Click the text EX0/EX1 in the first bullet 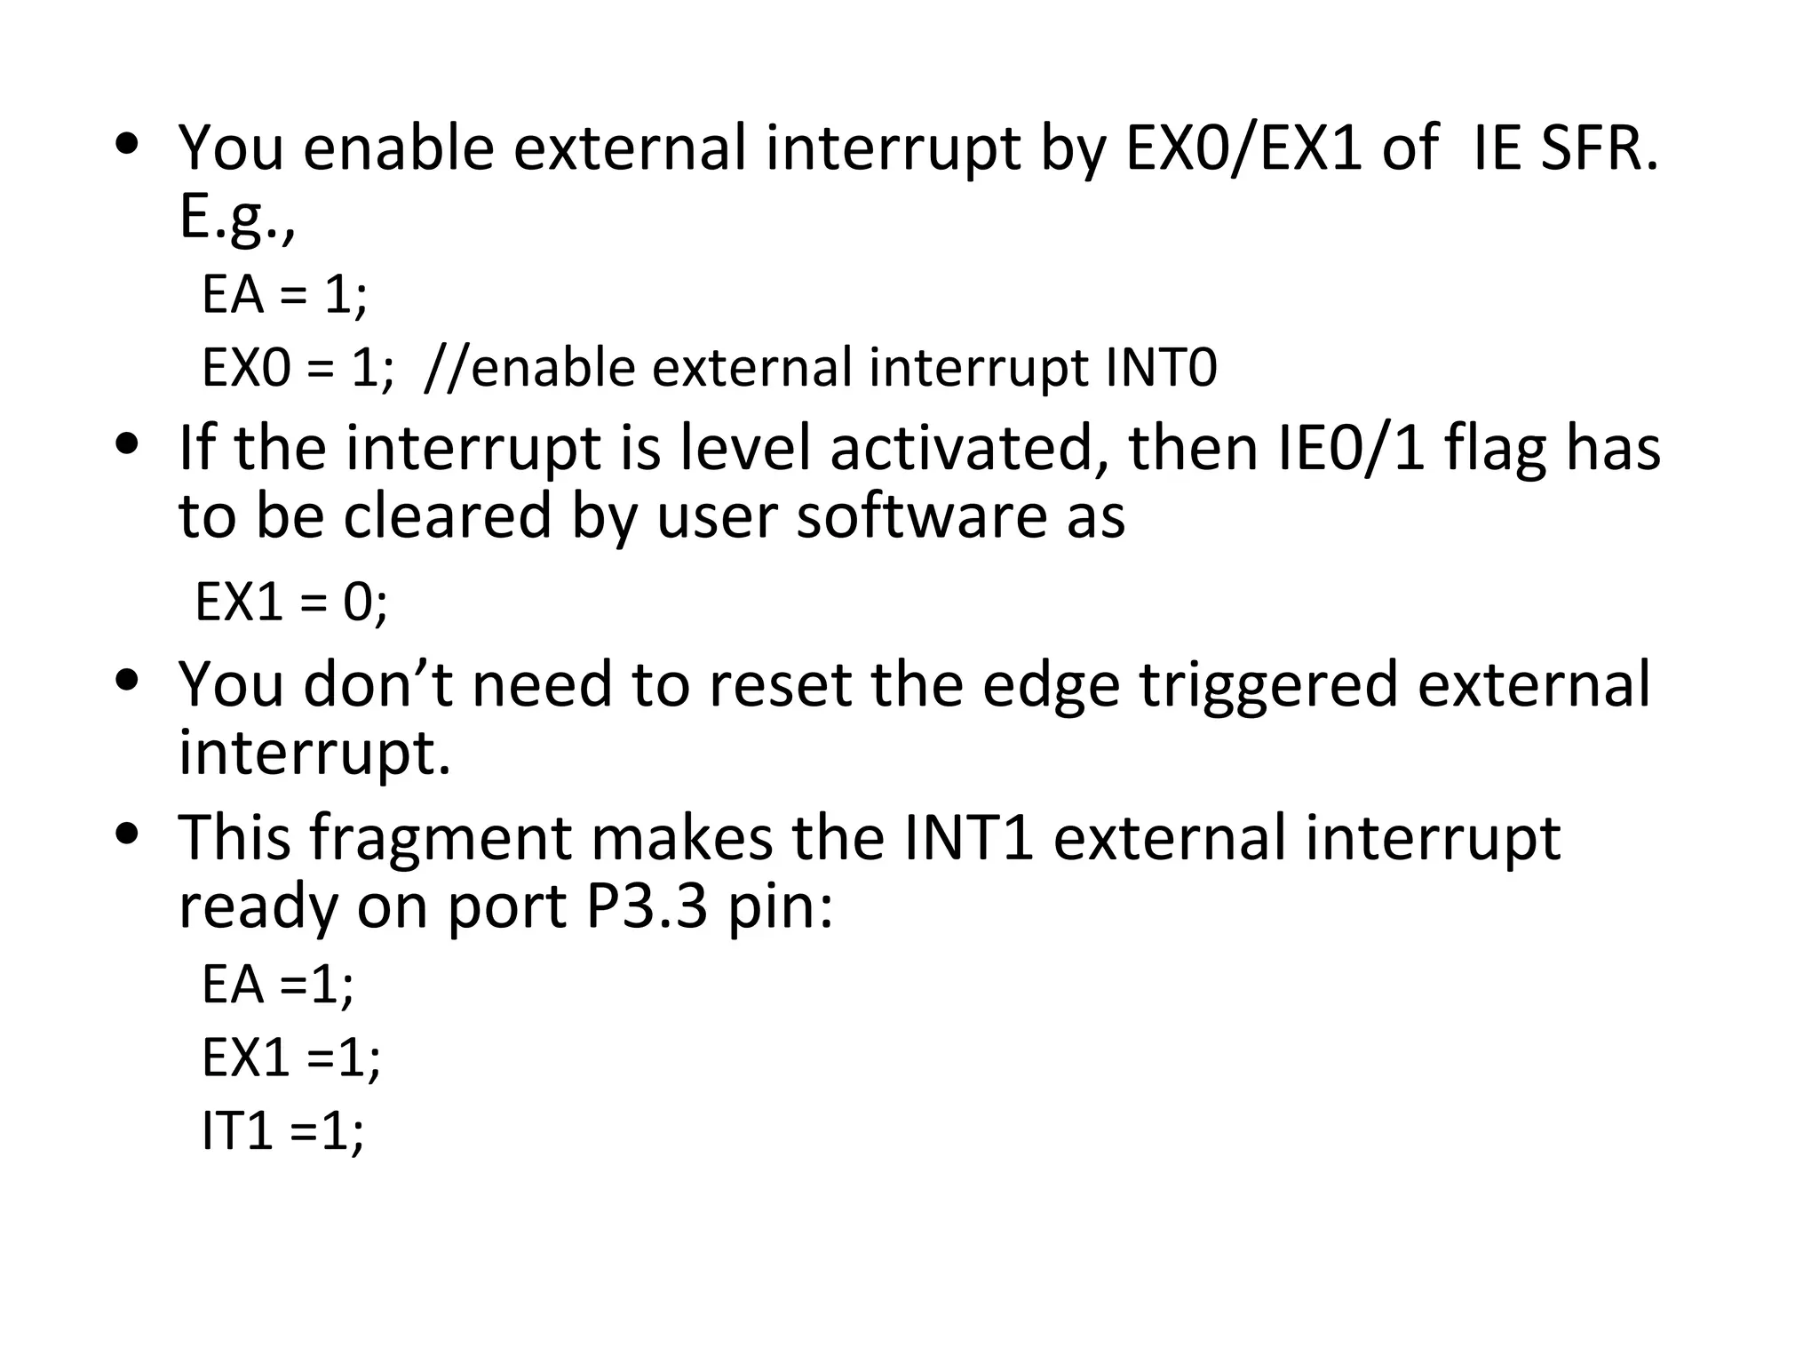[x=1243, y=148]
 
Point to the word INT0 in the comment [x=1161, y=368]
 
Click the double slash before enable [x=446, y=368]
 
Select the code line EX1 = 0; [x=291, y=603]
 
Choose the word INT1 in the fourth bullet [x=969, y=838]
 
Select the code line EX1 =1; [x=291, y=1058]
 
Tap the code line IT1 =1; [x=282, y=1131]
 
